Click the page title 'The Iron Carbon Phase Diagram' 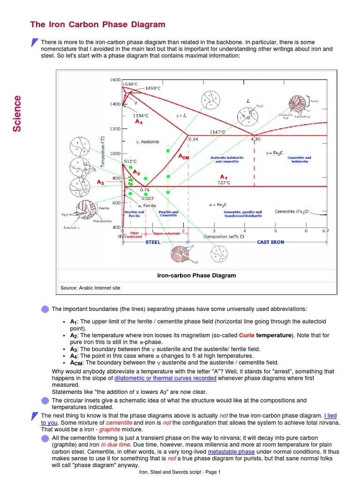(97, 24)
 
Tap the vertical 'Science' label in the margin (17, 113)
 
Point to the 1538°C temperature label (130, 84)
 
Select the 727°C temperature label (224, 182)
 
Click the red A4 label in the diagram (138, 122)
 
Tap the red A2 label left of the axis (101, 181)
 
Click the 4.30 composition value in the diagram (255, 139)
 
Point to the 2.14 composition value (193, 139)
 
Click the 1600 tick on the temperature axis (115, 80)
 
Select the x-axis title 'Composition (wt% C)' (223, 236)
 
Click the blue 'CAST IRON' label (270, 242)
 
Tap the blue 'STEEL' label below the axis (153, 242)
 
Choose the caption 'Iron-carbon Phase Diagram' (196, 276)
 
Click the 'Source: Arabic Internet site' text (90, 288)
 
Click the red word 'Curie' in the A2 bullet (247, 336)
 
